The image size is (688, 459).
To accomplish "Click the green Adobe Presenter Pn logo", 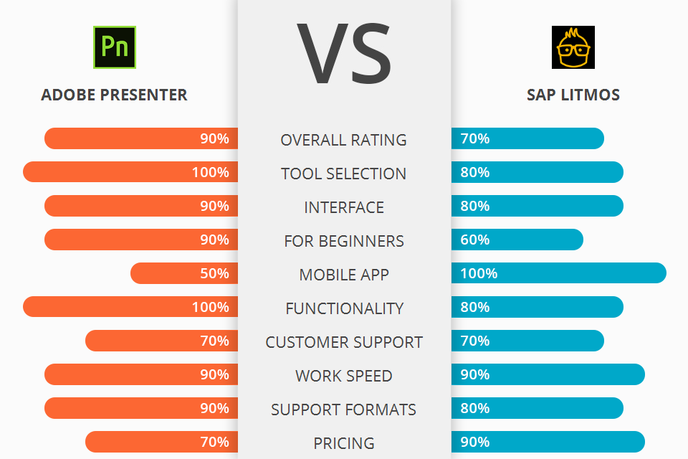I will coord(114,47).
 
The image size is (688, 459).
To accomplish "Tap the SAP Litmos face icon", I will coord(573,47).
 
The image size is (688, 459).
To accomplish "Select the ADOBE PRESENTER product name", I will coord(114,95).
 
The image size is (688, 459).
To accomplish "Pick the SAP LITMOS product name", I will coord(573,95).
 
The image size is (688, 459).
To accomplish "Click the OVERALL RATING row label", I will coord(344,140).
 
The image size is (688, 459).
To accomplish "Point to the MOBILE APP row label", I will coord(344,275).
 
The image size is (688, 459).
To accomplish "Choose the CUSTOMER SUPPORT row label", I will coord(344,342).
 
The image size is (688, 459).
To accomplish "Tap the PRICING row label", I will coord(344,443).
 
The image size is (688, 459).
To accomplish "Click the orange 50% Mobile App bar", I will coord(184,273).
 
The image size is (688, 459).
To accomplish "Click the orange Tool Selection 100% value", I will coord(210,173).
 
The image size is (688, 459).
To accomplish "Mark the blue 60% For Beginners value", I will coord(475,240).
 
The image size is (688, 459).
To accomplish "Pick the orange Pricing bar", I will coord(161,442).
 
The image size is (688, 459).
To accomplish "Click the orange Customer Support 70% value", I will coord(214,341).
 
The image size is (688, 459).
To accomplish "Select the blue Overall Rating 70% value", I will coord(475,138).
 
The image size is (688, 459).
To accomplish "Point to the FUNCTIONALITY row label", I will coord(344,308).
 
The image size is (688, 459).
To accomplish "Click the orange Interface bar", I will coord(141,206).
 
